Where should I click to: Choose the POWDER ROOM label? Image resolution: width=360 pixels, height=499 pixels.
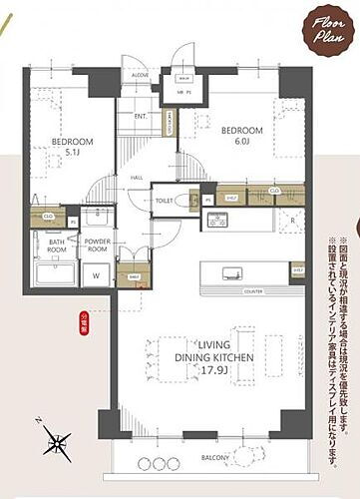[98, 245]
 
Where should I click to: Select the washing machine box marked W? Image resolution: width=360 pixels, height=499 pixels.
[96, 274]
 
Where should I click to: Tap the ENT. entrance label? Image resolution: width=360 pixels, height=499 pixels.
[141, 117]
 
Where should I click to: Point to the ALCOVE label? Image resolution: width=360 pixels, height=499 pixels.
[140, 75]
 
